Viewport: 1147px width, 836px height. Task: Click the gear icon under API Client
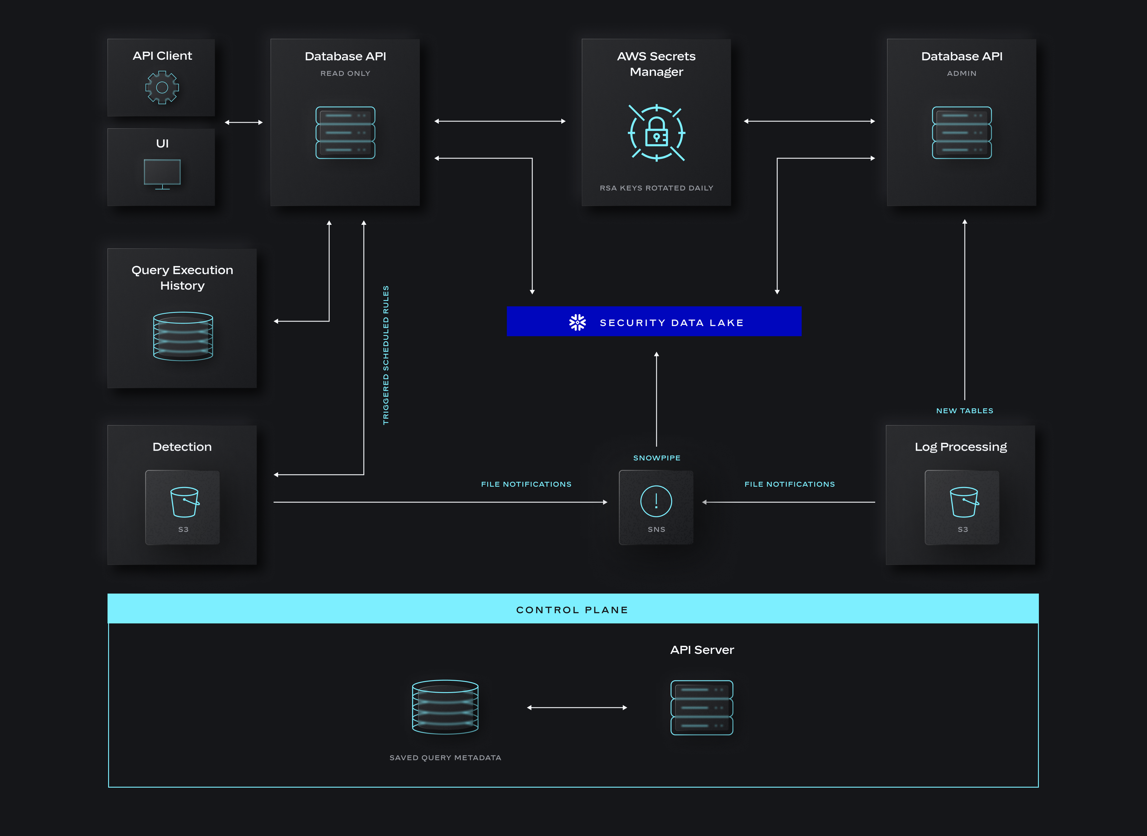pyautogui.click(x=162, y=87)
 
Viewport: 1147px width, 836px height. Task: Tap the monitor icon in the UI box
pyautogui.click(x=162, y=173)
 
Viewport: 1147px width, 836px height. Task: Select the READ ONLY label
pyautogui.click(x=345, y=73)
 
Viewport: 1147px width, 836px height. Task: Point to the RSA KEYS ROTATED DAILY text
pyautogui.click(x=657, y=188)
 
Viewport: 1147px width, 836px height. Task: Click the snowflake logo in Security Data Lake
pyautogui.click(x=577, y=322)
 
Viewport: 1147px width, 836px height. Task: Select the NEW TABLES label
pyautogui.click(x=964, y=411)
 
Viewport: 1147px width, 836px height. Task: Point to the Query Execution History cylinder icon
pyautogui.click(x=183, y=336)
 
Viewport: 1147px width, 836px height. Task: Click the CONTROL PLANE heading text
pyautogui.click(x=572, y=610)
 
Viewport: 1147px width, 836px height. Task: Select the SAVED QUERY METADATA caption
pyautogui.click(x=445, y=757)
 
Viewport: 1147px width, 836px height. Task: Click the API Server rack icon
pyautogui.click(x=702, y=707)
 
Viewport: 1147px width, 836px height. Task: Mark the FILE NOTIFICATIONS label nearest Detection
pyautogui.click(x=526, y=484)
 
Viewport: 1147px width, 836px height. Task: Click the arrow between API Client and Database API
pyautogui.click(x=243, y=122)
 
